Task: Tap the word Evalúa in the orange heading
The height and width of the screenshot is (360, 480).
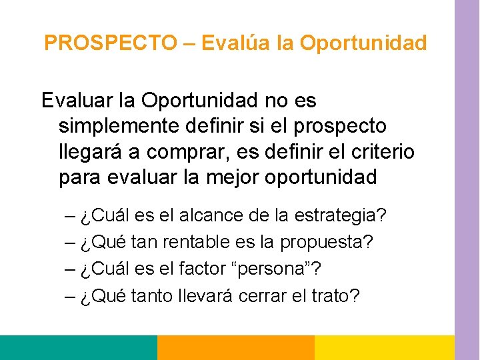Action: pos(231,43)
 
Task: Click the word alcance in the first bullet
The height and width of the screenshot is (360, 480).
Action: pos(203,217)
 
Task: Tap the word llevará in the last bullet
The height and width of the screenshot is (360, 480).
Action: pos(213,295)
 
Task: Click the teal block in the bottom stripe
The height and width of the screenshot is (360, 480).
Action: pos(78,347)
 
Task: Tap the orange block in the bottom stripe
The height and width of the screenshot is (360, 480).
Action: pos(235,347)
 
